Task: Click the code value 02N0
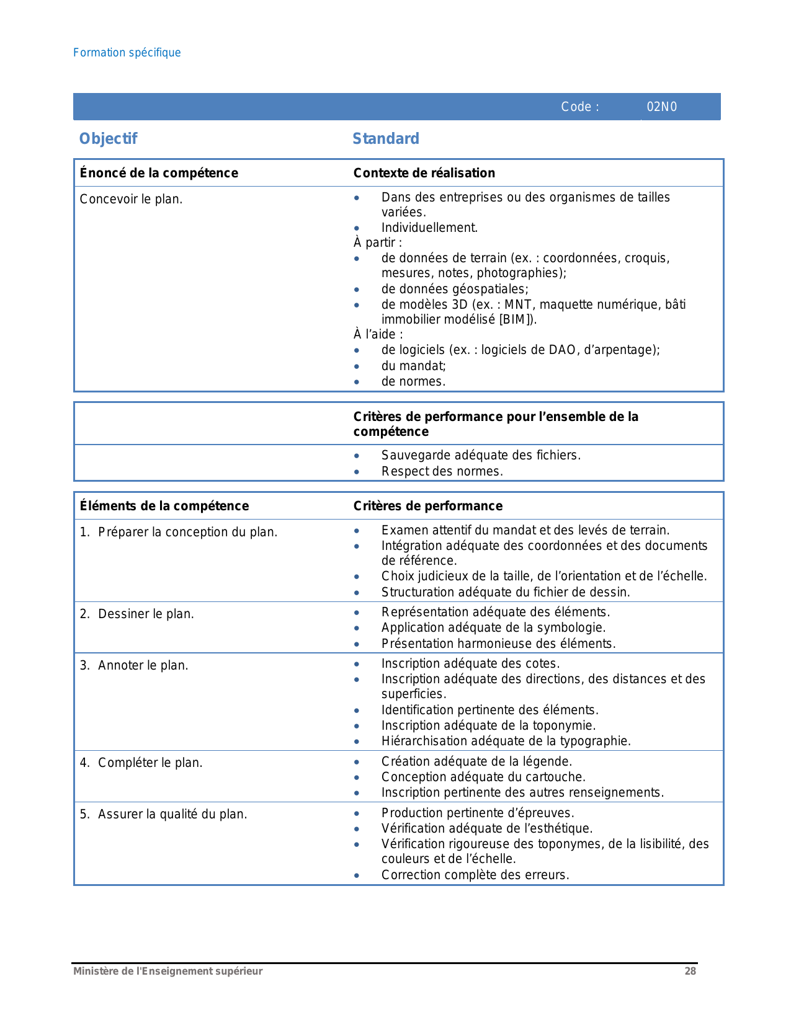point(661,107)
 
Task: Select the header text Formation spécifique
point(127,53)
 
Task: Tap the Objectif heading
point(108,139)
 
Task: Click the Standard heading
point(386,139)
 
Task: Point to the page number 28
point(690,971)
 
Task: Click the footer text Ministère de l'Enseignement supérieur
point(168,971)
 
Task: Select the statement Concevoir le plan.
point(131,199)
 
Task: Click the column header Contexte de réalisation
point(424,173)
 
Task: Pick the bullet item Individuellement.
point(429,228)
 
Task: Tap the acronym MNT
point(517,304)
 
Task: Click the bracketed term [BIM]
point(516,319)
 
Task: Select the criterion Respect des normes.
point(442,471)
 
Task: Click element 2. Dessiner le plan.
point(137,614)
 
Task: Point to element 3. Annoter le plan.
point(134,665)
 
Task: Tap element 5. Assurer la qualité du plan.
point(163,814)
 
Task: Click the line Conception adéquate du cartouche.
point(483,777)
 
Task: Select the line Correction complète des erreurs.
point(475,875)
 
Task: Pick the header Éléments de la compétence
point(164,506)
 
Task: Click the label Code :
point(580,107)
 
